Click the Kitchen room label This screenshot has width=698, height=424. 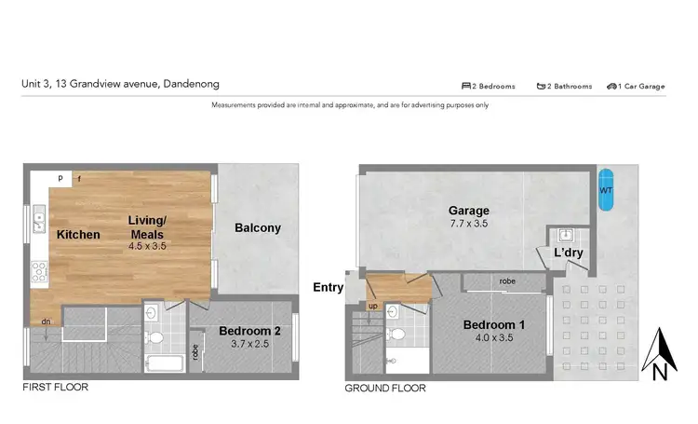[77, 235]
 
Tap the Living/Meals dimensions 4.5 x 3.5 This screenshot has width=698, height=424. [147, 247]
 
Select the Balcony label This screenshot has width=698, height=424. [258, 228]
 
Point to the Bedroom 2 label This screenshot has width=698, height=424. [250, 331]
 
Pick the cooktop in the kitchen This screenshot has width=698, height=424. [40, 272]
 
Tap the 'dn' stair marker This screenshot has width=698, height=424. [45, 321]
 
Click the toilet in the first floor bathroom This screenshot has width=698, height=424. [155, 335]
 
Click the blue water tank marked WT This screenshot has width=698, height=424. [606, 190]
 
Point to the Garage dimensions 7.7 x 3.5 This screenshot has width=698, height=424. [467, 224]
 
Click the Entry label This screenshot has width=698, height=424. [328, 288]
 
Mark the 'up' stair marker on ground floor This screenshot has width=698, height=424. [373, 306]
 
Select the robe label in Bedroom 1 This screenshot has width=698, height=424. [507, 280]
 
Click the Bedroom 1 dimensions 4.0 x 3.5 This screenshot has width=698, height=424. [495, 339]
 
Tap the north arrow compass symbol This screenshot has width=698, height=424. [659, 354]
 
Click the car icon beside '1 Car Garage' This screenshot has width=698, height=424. [612, 86]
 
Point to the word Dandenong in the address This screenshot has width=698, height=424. [191, 83]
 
